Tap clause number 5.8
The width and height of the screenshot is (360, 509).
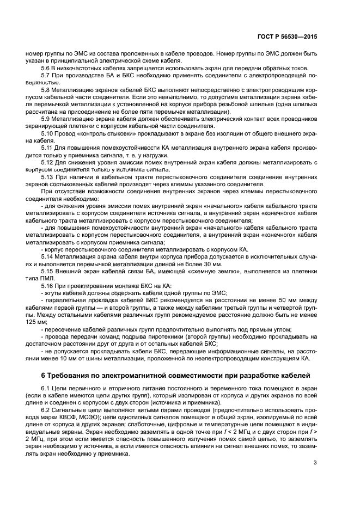coord(46,88)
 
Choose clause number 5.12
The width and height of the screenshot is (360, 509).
coord(47,162)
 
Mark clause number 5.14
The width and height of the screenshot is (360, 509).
coord(47,255)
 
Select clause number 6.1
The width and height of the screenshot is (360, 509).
coord(46,388)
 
